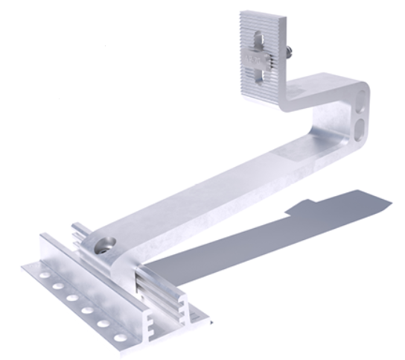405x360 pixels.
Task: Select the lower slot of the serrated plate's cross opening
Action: pos(257,75)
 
